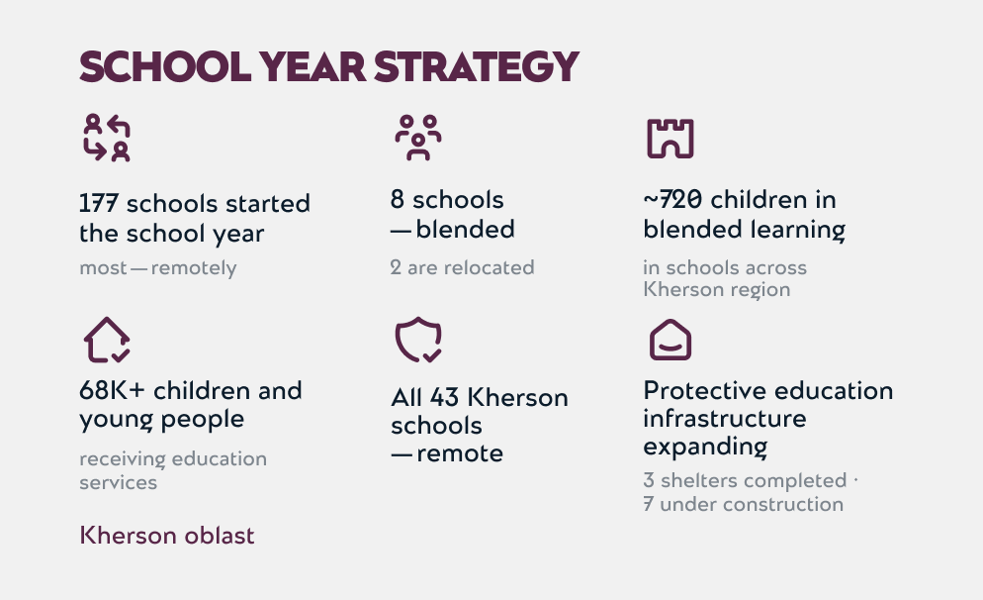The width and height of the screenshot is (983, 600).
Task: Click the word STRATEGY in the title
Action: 476,66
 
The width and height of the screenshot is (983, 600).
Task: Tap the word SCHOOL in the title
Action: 165,66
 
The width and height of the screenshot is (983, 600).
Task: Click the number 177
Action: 99,203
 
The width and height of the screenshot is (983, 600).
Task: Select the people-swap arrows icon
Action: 107,138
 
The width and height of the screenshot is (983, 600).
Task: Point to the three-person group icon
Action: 418,138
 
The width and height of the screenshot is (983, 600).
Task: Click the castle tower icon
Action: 670,138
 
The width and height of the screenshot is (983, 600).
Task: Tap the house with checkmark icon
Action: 107,340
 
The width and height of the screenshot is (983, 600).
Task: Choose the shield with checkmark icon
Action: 418,340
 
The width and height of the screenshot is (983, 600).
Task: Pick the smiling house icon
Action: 670,340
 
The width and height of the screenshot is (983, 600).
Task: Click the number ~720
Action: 672,200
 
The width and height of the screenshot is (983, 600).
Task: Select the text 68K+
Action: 112,390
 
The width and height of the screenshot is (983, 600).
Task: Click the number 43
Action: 444,397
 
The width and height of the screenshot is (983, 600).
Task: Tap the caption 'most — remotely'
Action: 158,268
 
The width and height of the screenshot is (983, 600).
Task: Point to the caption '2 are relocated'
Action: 462,267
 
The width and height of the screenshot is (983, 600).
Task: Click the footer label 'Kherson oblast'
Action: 167,536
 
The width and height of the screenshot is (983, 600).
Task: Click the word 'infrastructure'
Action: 725,418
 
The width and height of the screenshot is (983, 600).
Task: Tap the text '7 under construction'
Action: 744,504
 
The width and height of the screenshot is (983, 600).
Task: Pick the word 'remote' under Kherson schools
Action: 460,453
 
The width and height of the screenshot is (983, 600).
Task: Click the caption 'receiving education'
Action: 173,458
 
